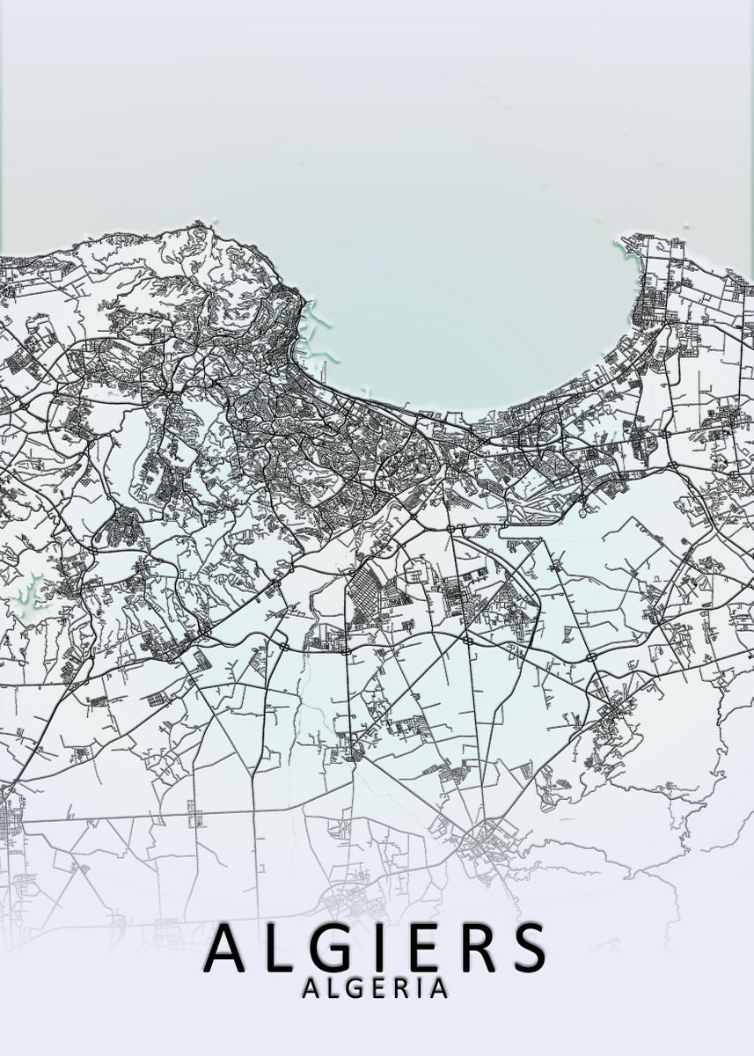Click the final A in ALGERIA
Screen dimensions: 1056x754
[x=436, y=989]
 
